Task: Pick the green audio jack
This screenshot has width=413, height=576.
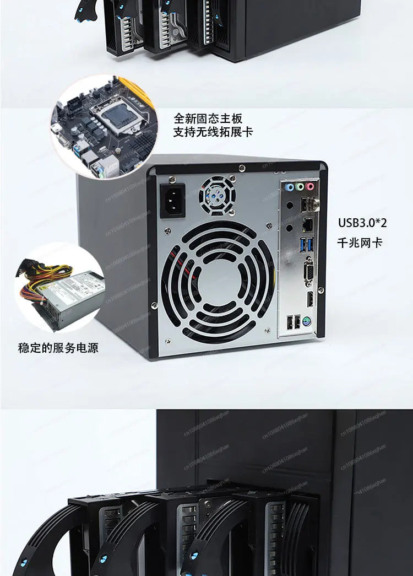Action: click(298, 187)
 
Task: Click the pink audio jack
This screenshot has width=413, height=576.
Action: click(309, 187)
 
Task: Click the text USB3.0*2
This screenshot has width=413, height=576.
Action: click(362, 223)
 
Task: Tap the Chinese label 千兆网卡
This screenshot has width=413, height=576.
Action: click(360, 242)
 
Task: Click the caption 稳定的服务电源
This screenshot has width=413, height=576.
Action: click(58, 348)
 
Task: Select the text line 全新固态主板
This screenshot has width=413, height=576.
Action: click(208, 118)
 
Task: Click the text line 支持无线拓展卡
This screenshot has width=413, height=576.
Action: click(214, 132)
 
